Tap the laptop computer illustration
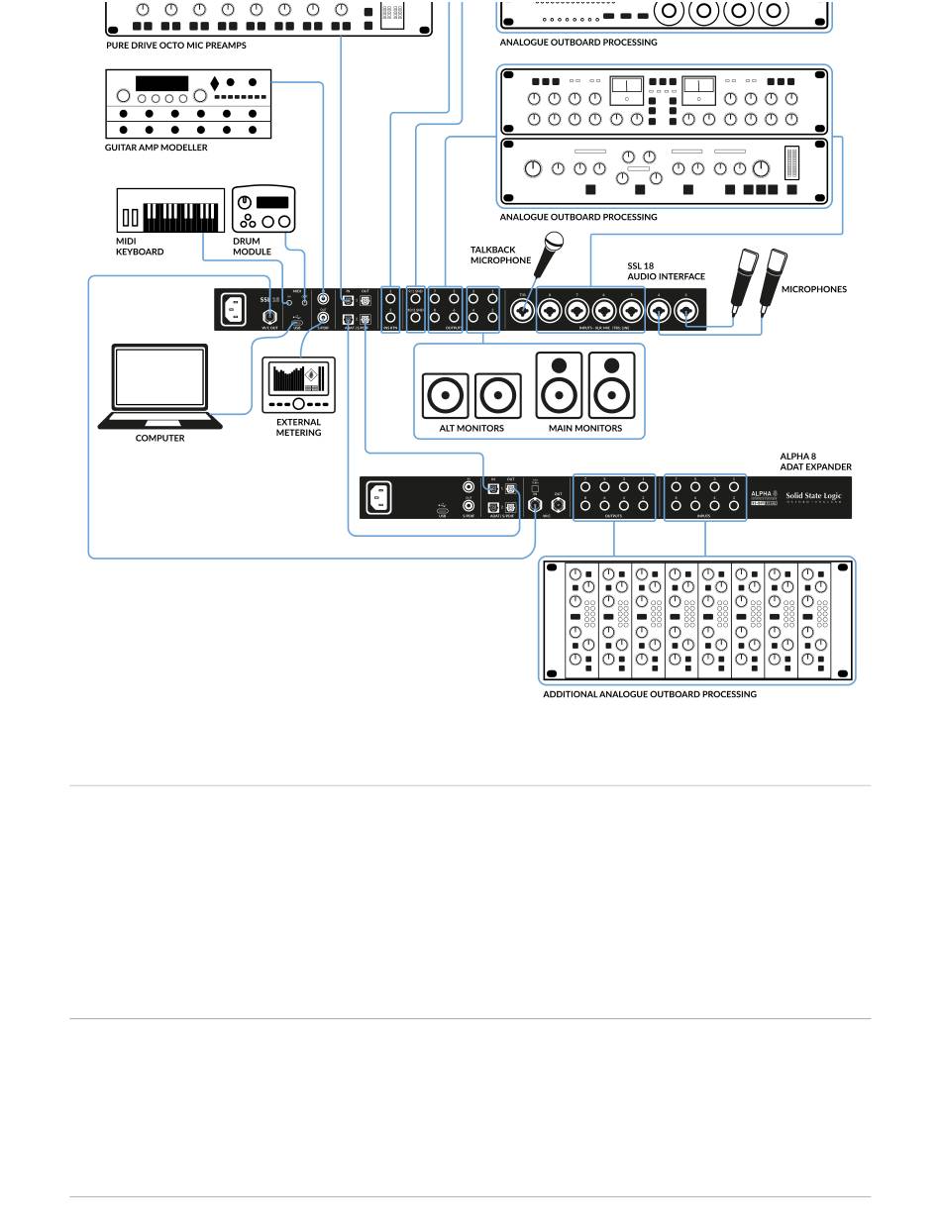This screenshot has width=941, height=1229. coord(160,386)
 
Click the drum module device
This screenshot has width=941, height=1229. coord(262,209)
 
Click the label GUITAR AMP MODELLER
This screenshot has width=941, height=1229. coord(157,148)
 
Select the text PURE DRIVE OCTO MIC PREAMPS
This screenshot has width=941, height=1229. coord(176,46)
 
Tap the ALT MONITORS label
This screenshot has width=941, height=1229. coord(471,429)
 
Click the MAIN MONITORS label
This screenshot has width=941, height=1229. coord(585,429)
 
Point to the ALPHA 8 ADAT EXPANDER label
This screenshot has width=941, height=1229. coord(815,461)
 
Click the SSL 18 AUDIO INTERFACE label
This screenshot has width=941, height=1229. coord(666,271)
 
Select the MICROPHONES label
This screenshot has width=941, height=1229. coord(814,289)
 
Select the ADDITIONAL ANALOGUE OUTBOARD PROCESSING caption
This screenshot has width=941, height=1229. coord(649,694)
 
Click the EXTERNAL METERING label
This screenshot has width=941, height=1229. coord(298,427)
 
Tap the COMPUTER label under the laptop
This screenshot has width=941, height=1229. coord(160,438)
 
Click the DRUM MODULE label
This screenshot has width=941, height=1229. coord(252,247)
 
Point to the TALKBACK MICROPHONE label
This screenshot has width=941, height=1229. coord(500,256)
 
